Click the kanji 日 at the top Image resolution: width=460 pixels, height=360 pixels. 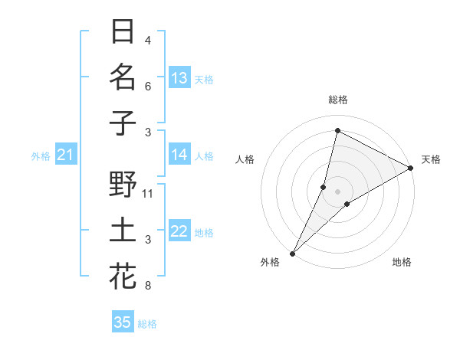pyautogui.click(x=123, y=32)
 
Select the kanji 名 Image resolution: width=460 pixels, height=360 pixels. pyautogui.click(x=123, y=78)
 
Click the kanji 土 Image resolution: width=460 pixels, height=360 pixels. pyautogui.click(x=123, y=231)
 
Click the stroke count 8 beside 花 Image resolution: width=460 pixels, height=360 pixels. pyautogui.click(x=148, y=286)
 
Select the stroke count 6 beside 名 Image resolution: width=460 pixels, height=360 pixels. pyautogui.click(x=148, y=87)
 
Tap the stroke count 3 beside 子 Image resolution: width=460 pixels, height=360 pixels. pyautogui.click(x=148, y=133)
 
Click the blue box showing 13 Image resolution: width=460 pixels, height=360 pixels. pyautogui.click(x=179, y=78)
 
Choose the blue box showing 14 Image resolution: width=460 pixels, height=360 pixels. pyautogui.click(x=179, y=155)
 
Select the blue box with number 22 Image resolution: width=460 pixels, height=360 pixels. pyautogui.click(x=179, y=231)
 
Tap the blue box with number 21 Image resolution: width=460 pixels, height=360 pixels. pyautogui.click(x=65, y=155)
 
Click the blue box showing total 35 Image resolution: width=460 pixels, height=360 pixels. pyautogui.click(x=123, y=322)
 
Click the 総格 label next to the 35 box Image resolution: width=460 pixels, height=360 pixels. pyautogui.click(x=148, y=324)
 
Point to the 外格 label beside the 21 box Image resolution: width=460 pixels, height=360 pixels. pyautogui.click(x=41, y=156)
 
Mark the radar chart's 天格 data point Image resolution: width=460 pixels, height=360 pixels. pyautogui.click(x=411, y=169)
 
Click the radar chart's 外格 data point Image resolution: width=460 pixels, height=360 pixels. pyautogui.click(x=292, y=253)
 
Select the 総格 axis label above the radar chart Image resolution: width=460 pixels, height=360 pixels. pyautogui.click(x=337, y=100)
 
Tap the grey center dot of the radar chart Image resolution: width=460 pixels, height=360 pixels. pyautogui.click(x=337, y=191)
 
